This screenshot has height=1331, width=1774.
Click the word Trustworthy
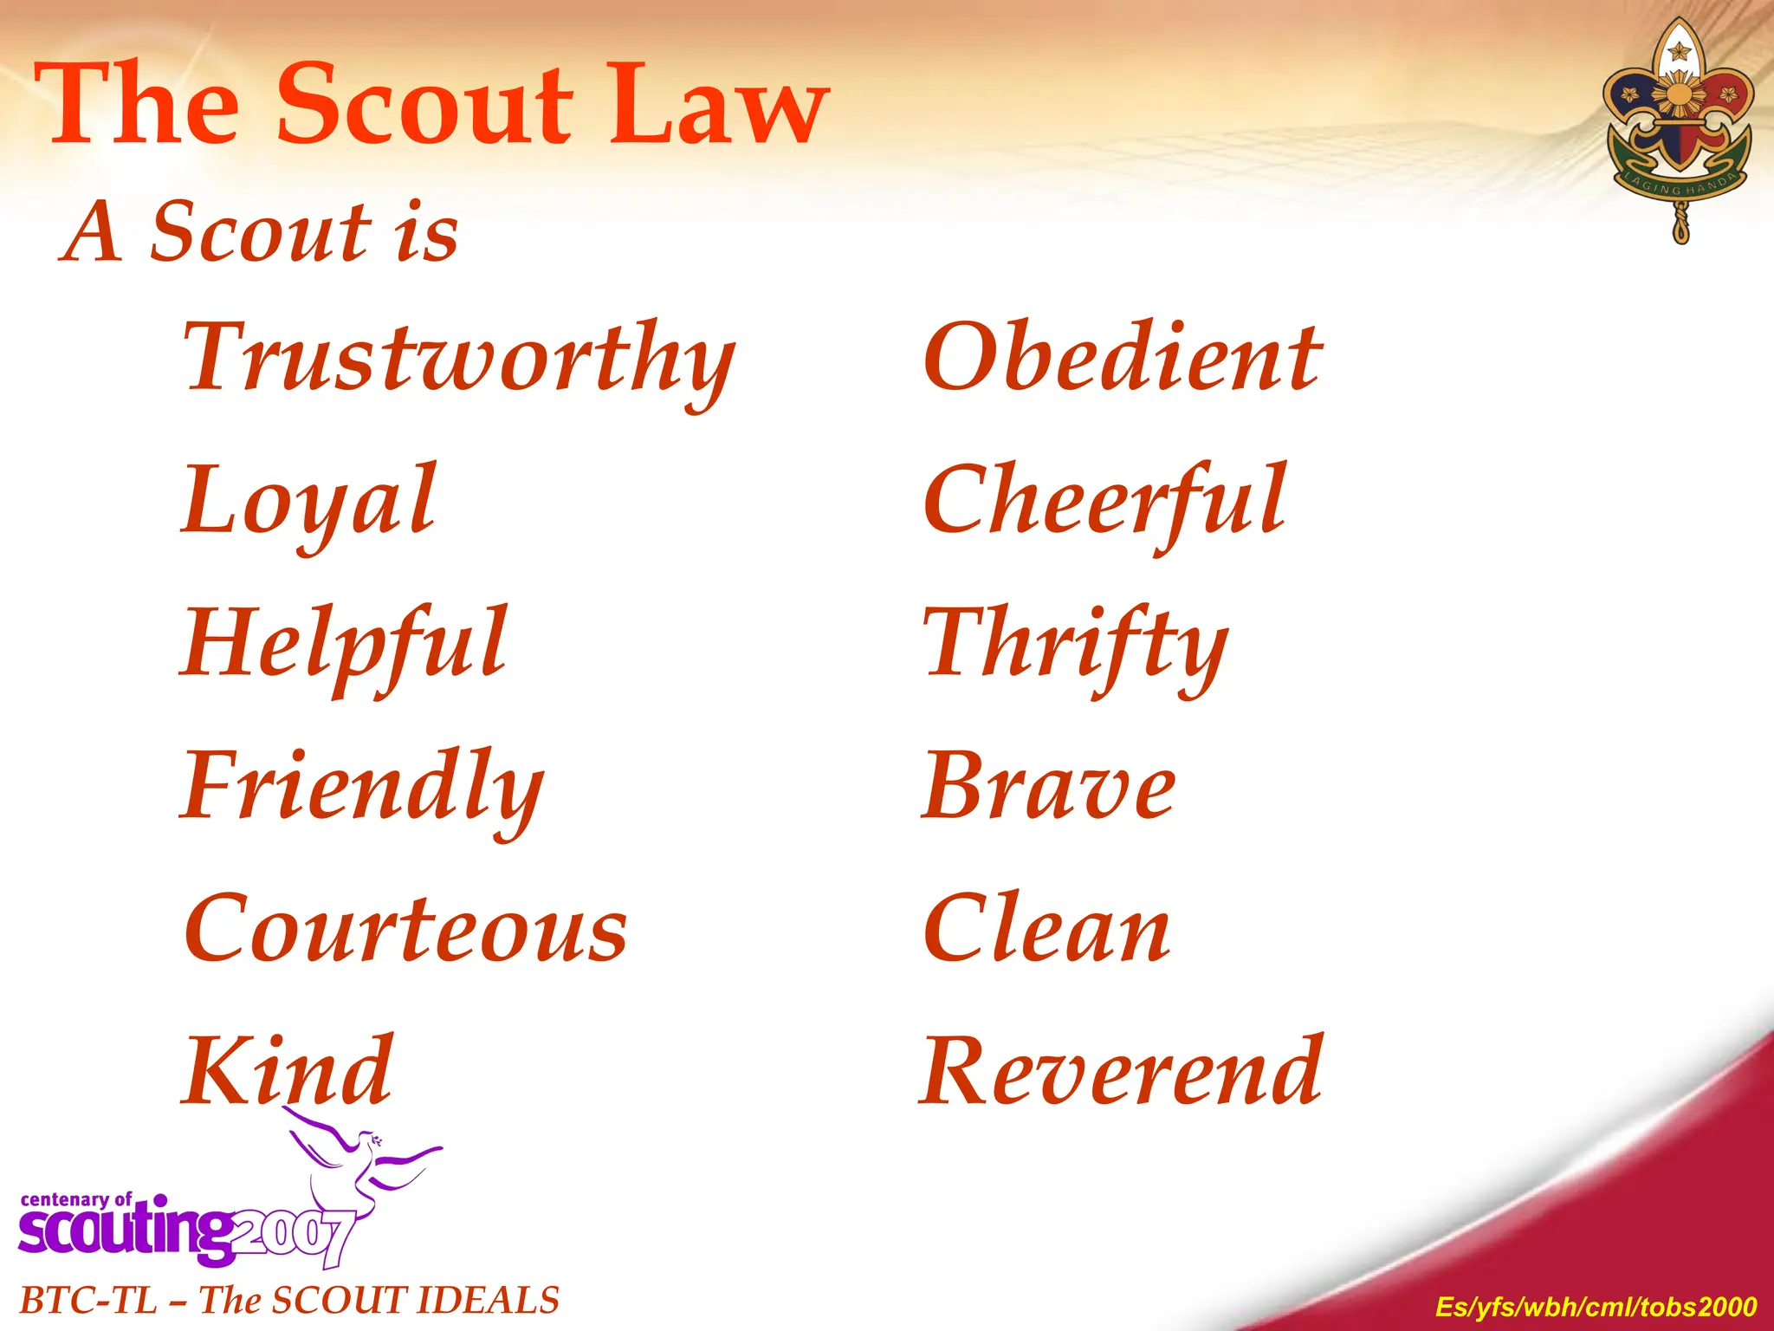click(459, 359)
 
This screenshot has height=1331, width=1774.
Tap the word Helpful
click(344, 645)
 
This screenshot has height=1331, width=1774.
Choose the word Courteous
click(405, 929)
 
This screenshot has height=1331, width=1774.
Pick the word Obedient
click(1123, 357)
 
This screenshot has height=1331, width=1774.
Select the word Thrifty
click(1075, 645)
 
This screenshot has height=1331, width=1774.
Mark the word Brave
click(1048, 787)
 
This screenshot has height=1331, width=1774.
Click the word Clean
click(1047, 929)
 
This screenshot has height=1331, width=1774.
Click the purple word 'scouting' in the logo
click(126, 1230)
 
